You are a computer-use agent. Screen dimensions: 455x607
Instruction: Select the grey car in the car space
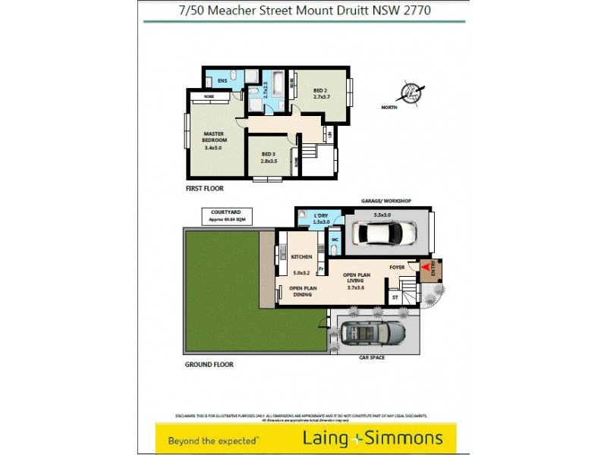tap(373, 332)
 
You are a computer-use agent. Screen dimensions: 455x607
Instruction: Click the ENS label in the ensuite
tap(222, 80)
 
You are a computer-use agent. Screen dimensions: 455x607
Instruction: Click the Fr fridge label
tap(321, 269)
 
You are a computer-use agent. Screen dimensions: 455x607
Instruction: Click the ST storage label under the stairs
tap(395, 298)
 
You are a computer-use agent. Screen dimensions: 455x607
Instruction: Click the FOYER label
tap(397, 267)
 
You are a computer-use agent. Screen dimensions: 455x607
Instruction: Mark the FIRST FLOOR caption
tap(205, 188)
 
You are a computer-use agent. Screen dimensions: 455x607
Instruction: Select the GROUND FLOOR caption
tap(209, 364)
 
